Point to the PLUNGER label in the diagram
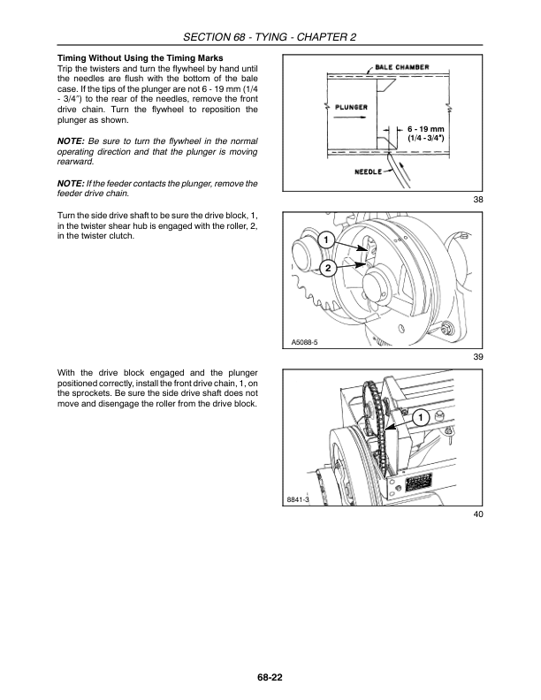(x=351, y=109)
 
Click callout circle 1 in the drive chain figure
(x=421, y=416)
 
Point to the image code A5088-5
(x=305, y=343)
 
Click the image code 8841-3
(x=298, y=501)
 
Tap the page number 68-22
(x=270, y=677)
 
